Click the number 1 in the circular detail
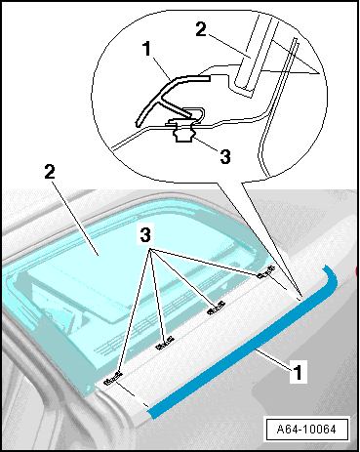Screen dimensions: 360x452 (x=147, y=49)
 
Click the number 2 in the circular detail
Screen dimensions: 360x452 (x=201, y=29)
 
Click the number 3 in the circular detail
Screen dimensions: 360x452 (x=225, y=156)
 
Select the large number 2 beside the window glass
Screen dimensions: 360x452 (x=50, y=172)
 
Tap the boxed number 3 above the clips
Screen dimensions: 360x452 (x=145, y=234)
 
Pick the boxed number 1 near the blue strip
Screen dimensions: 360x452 (x=298, y=371)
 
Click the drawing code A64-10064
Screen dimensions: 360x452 (x=306, y=430)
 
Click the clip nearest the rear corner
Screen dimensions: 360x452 (x=265, y=272)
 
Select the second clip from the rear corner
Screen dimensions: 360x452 (x=217, y=308)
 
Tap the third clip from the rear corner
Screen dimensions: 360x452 (x=165, y=344)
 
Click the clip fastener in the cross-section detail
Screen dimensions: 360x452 (x=183, y=131)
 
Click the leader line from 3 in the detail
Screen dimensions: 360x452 (x=205, y=144)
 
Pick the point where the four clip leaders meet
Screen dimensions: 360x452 (x=150, y=250)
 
